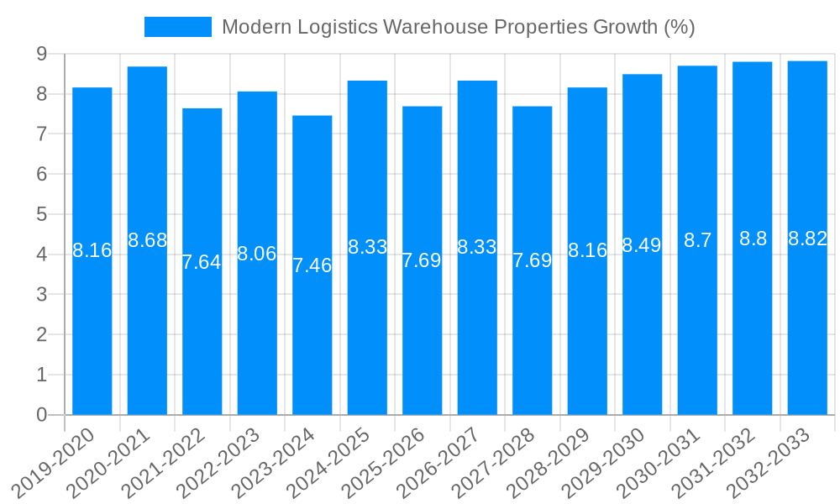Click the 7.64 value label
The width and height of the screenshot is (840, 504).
tap(202, 262)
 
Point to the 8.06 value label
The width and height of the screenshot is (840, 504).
tap(257, 254)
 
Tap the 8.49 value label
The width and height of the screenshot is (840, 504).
tap(642, 245)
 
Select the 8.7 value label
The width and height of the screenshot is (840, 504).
tap(697, 241)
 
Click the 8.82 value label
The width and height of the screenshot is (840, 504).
tap(807, 239)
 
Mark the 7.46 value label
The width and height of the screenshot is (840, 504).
tap(312, 266)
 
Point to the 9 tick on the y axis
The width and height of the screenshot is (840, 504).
tap(41, 55)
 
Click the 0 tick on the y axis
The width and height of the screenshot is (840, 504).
tap(41, 415)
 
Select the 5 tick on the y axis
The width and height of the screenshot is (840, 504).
tap(41, 214)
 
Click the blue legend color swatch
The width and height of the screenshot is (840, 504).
tap(178, 27)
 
